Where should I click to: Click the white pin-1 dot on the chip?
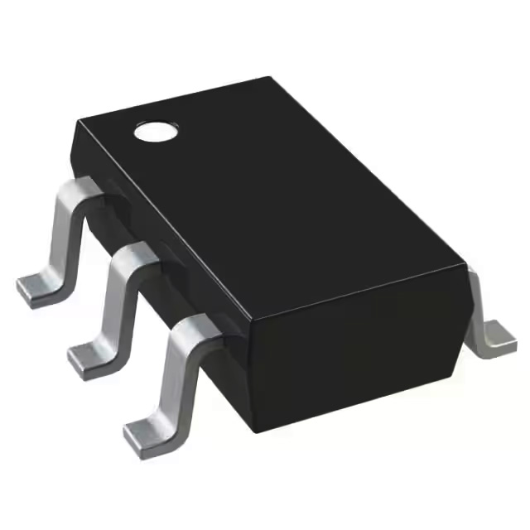pyautogui.click(x=157, y=131)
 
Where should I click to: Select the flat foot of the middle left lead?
pyautogui.click(x=89, y=359)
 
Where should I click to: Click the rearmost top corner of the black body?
pyautogui.click(x=270, y=79)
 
